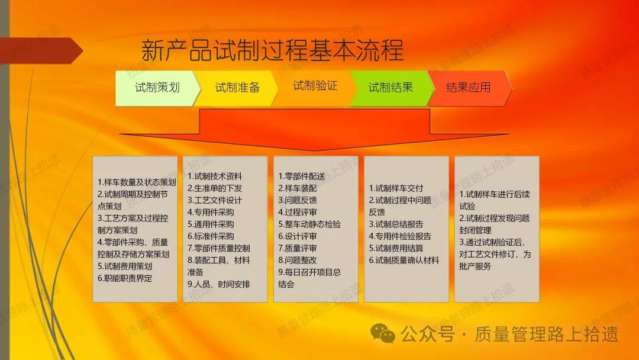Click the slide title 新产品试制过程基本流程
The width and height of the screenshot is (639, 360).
[272, 50]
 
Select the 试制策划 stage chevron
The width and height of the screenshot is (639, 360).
[157, 88]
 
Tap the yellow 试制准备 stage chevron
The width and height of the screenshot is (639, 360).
[237, 88]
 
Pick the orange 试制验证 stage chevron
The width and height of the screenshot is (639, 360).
[315, 86]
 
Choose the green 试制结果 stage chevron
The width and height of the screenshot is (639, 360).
[390, 88]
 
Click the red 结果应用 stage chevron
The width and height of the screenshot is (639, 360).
[468, 88]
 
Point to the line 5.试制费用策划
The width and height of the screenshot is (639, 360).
[125, 266]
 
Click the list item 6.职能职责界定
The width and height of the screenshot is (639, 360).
[125, 278]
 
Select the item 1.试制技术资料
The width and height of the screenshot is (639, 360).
[215, 176]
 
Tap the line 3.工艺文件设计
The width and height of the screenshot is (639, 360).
[215, 200]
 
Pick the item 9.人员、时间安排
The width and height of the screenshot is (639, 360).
[218, 284]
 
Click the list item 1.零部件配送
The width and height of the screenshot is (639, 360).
[301, 176]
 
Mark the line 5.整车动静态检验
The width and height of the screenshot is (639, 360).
[309, 224]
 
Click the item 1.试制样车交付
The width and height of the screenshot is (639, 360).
[396, 188]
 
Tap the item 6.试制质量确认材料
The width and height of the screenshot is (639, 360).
[404, 260]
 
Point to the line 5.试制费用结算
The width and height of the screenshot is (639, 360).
[396, 248]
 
